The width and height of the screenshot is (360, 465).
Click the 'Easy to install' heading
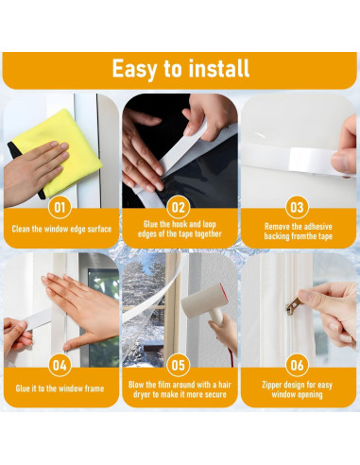click(x=180, y=69)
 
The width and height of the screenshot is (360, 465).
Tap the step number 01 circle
click(x=60, y=207)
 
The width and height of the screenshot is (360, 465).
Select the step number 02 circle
click(x=179, y=207)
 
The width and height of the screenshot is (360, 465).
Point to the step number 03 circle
click(x=297, y=207)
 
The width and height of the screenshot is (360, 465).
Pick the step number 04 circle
click(x=60, y=366)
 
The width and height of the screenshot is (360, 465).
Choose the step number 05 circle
click(x=179, y=366)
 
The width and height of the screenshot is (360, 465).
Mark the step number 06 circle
click(x=297, y=366)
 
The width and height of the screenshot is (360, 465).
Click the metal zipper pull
click(x=293, y=305)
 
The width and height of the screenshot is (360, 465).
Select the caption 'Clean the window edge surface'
click(x=61, y=229)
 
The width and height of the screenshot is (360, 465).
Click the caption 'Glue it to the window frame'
click(x=60, y=388)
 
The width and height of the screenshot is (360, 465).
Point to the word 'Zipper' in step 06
click(x=272, y=385)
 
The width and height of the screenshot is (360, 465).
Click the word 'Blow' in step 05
click(x=136, y=385)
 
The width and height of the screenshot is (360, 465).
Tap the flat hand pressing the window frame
click(x=82, y=310)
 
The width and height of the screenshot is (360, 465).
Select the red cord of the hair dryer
click(x=231, y=356)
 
